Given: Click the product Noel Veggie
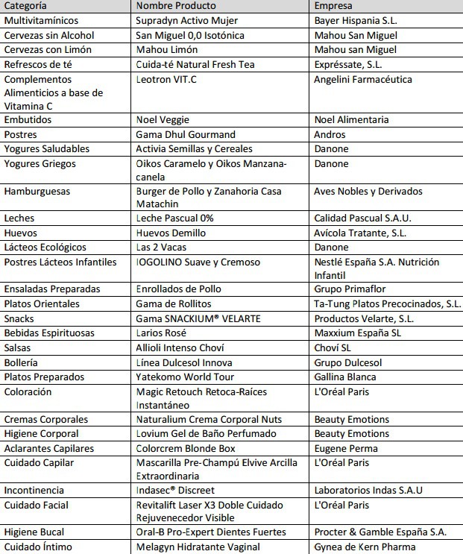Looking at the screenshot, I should pos(163,119).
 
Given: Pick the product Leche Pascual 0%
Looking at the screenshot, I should pos(174,218).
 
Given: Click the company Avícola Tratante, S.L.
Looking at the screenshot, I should pos(360,233).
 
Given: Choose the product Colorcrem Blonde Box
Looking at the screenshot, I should pos(186,448).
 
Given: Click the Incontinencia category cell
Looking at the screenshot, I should pos(34,490).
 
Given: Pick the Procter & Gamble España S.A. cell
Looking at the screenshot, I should pos(380,532).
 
